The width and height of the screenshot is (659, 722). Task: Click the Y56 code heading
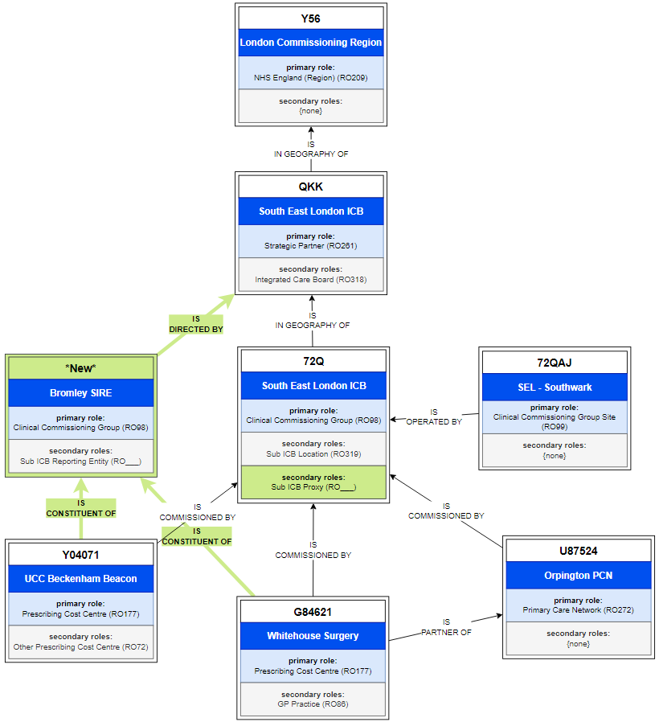[310, 18]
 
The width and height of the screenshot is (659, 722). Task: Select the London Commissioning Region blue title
[310, 43]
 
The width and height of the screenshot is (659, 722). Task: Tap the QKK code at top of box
[310, 187]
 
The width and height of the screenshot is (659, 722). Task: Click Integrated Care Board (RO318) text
[310, 280]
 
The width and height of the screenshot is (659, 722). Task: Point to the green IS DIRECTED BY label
[196, 324]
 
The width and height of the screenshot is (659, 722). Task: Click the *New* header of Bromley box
[80, 367]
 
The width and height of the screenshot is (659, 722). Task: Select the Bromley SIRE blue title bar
[80, 393]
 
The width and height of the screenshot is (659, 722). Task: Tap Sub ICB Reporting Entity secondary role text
[80, 462]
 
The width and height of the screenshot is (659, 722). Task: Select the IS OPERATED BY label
[434, 416]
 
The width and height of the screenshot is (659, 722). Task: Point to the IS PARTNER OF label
[446, 627]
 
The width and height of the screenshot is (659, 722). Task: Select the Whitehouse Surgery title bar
[313, 636]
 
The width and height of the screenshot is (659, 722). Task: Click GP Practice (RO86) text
[313, 704]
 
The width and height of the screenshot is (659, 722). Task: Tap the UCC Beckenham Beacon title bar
[80, 578]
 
